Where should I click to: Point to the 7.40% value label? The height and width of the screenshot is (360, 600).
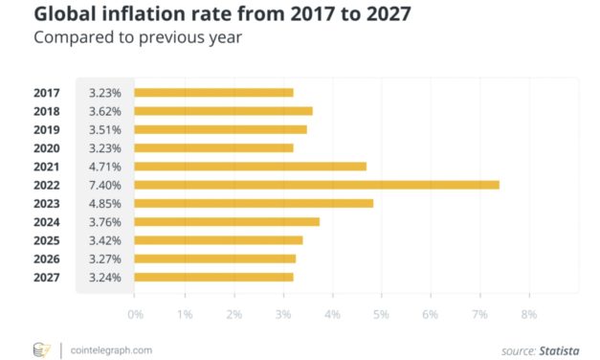point(104,185)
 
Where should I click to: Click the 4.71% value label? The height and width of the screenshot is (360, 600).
point(104,167)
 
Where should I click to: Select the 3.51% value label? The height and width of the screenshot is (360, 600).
point(104,129)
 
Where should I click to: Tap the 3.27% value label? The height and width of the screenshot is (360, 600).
point(104,259)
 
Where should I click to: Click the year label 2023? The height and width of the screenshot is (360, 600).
point(47,203)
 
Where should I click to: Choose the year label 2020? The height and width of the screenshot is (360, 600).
point(47,148)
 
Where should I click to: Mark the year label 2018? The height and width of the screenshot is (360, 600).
point(47,111)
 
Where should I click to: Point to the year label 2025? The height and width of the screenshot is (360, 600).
point(47,240)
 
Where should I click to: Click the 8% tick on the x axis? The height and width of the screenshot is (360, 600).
point(528,314)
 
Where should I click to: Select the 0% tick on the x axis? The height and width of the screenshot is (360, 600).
point(135,314)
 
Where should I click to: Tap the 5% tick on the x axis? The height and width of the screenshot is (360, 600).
point(381,314)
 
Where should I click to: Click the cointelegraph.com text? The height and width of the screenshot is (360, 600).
point(111,349)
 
